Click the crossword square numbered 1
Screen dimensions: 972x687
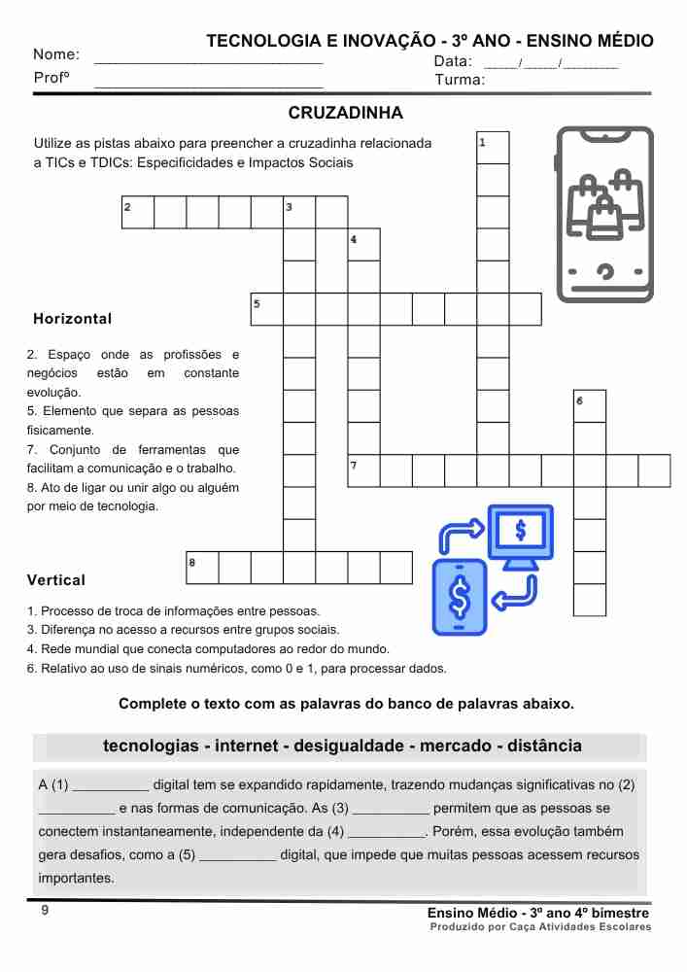pos(493,148)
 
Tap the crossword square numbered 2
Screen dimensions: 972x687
pos(138,212)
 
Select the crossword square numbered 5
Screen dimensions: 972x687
pos(267,309)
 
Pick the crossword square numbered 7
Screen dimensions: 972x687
pos(363,470)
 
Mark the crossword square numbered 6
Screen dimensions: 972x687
pos(590,406)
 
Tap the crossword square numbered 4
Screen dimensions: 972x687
pos(363,244)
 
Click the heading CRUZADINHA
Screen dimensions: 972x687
pos(346,114)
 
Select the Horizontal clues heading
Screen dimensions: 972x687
pos(72,319)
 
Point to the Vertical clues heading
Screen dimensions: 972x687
pos(56,580)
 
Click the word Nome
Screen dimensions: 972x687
pos(56,54)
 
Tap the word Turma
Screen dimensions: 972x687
pos(460,80)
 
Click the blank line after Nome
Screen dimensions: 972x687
pos(208,60)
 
